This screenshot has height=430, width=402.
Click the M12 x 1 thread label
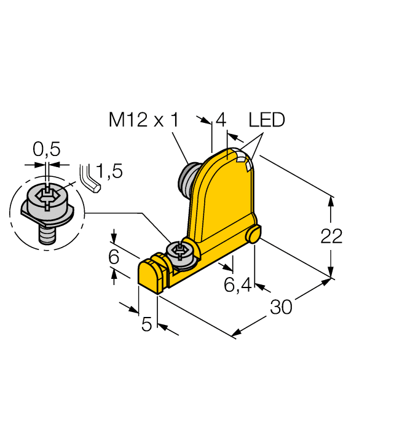pos(143,120)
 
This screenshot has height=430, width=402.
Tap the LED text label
pos(267,120)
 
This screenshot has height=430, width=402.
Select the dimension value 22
pos(331,236)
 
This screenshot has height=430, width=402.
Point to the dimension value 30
pos(281,307)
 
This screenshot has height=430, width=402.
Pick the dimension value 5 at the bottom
pos(146,325)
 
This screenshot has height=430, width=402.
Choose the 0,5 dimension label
pos(46,150)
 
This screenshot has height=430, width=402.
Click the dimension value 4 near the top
pos(221,120)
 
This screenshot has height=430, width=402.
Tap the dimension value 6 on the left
pos(113,257)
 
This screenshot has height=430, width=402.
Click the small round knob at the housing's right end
pos(255,234)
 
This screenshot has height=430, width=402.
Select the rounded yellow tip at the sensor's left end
pos(148,274)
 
